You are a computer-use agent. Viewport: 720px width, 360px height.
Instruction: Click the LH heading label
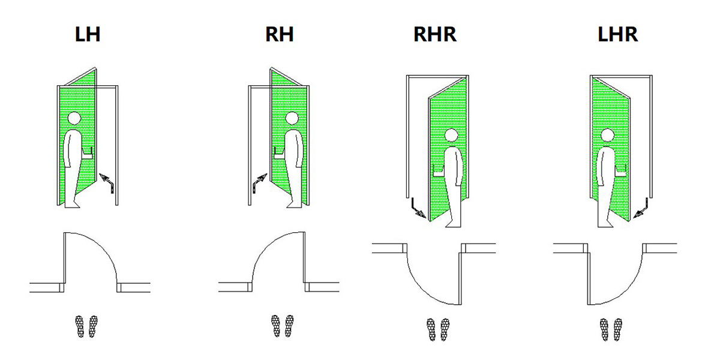pyautogui.click(x=88, y=34)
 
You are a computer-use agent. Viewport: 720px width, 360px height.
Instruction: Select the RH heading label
pyautogui.click(x=280, y=34)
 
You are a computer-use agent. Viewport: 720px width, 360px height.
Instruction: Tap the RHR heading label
pyautogui.click(x=435, y=34)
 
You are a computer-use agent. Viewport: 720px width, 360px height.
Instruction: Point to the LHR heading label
pyautogui.click(x=618, y=34)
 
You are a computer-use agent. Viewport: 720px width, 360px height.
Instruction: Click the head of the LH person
pyautogui.click(x=74, y=119)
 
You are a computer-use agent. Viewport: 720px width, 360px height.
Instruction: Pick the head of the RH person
pyautogui.click(x=292, y=119)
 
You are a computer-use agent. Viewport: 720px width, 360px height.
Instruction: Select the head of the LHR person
pyautogui.click(x=608, y=136)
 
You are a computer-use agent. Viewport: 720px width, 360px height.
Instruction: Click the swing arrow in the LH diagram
pyautogui.click(x=107, y=181)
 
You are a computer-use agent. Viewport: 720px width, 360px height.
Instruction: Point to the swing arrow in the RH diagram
pyautogui.click(x=259, y=181)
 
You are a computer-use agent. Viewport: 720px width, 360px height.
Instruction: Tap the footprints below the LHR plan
pyautogui.click(x=610, y=329)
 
